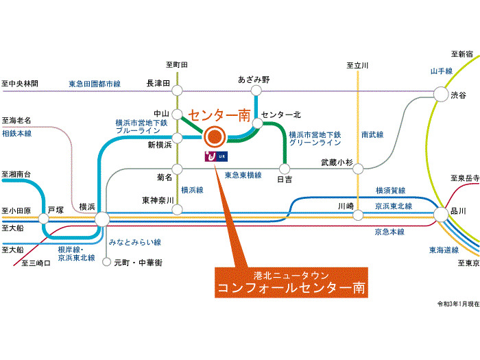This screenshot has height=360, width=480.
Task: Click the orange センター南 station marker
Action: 215,136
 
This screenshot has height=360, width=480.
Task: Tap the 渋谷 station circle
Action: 440,95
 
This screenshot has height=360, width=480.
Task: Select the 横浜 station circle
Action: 101,219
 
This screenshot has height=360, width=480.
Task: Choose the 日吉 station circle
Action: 283,168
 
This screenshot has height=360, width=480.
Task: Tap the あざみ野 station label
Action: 254,80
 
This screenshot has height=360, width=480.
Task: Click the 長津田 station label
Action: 157,84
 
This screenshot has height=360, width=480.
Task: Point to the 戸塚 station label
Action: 56,207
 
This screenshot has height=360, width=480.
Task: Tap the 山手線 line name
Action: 441,71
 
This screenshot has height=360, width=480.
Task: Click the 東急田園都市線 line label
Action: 95,84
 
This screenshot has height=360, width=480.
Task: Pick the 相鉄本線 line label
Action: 17,133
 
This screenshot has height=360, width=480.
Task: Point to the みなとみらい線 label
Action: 134,242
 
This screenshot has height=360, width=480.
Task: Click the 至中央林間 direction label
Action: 21,84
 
